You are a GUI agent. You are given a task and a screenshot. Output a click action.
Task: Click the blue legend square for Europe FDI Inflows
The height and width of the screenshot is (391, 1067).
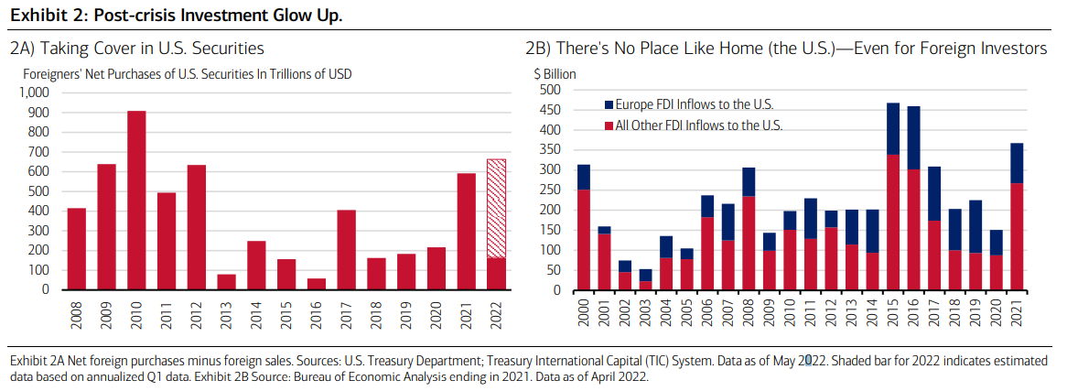tap(609, 105)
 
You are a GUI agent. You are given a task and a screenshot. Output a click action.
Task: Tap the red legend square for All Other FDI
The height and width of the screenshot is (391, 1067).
tap(609, 125)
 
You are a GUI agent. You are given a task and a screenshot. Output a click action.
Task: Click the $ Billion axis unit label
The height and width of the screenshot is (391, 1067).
tap(551, 73)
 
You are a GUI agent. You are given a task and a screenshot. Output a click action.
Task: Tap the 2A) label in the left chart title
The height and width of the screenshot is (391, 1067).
tap(24, 49)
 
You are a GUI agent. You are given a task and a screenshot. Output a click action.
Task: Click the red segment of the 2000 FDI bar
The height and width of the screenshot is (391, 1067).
tap(583, 240)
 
